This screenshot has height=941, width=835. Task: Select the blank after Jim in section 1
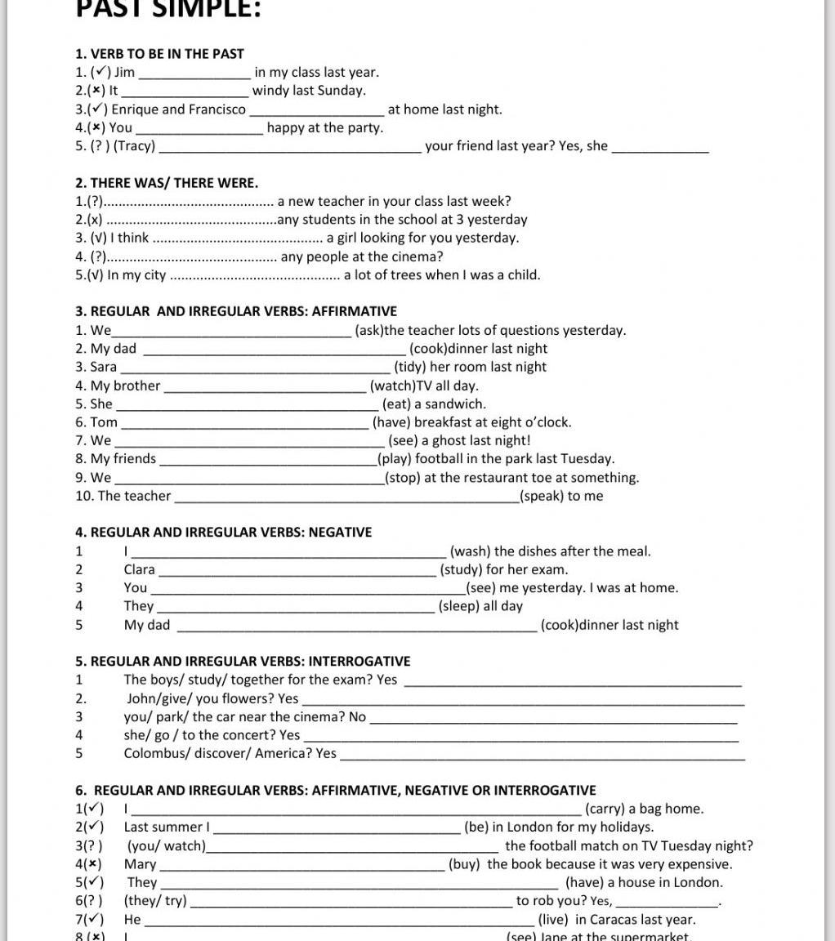[194, 73]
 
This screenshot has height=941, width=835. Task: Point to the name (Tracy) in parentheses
[134, 146]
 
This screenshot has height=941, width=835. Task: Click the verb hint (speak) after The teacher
[541, 496]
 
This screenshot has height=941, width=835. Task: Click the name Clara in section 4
[140, 570]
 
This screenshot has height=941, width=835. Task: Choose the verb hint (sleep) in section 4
[459, 606]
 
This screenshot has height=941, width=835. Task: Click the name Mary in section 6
[141, 864]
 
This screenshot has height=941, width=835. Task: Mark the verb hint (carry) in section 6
[605, 809]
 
